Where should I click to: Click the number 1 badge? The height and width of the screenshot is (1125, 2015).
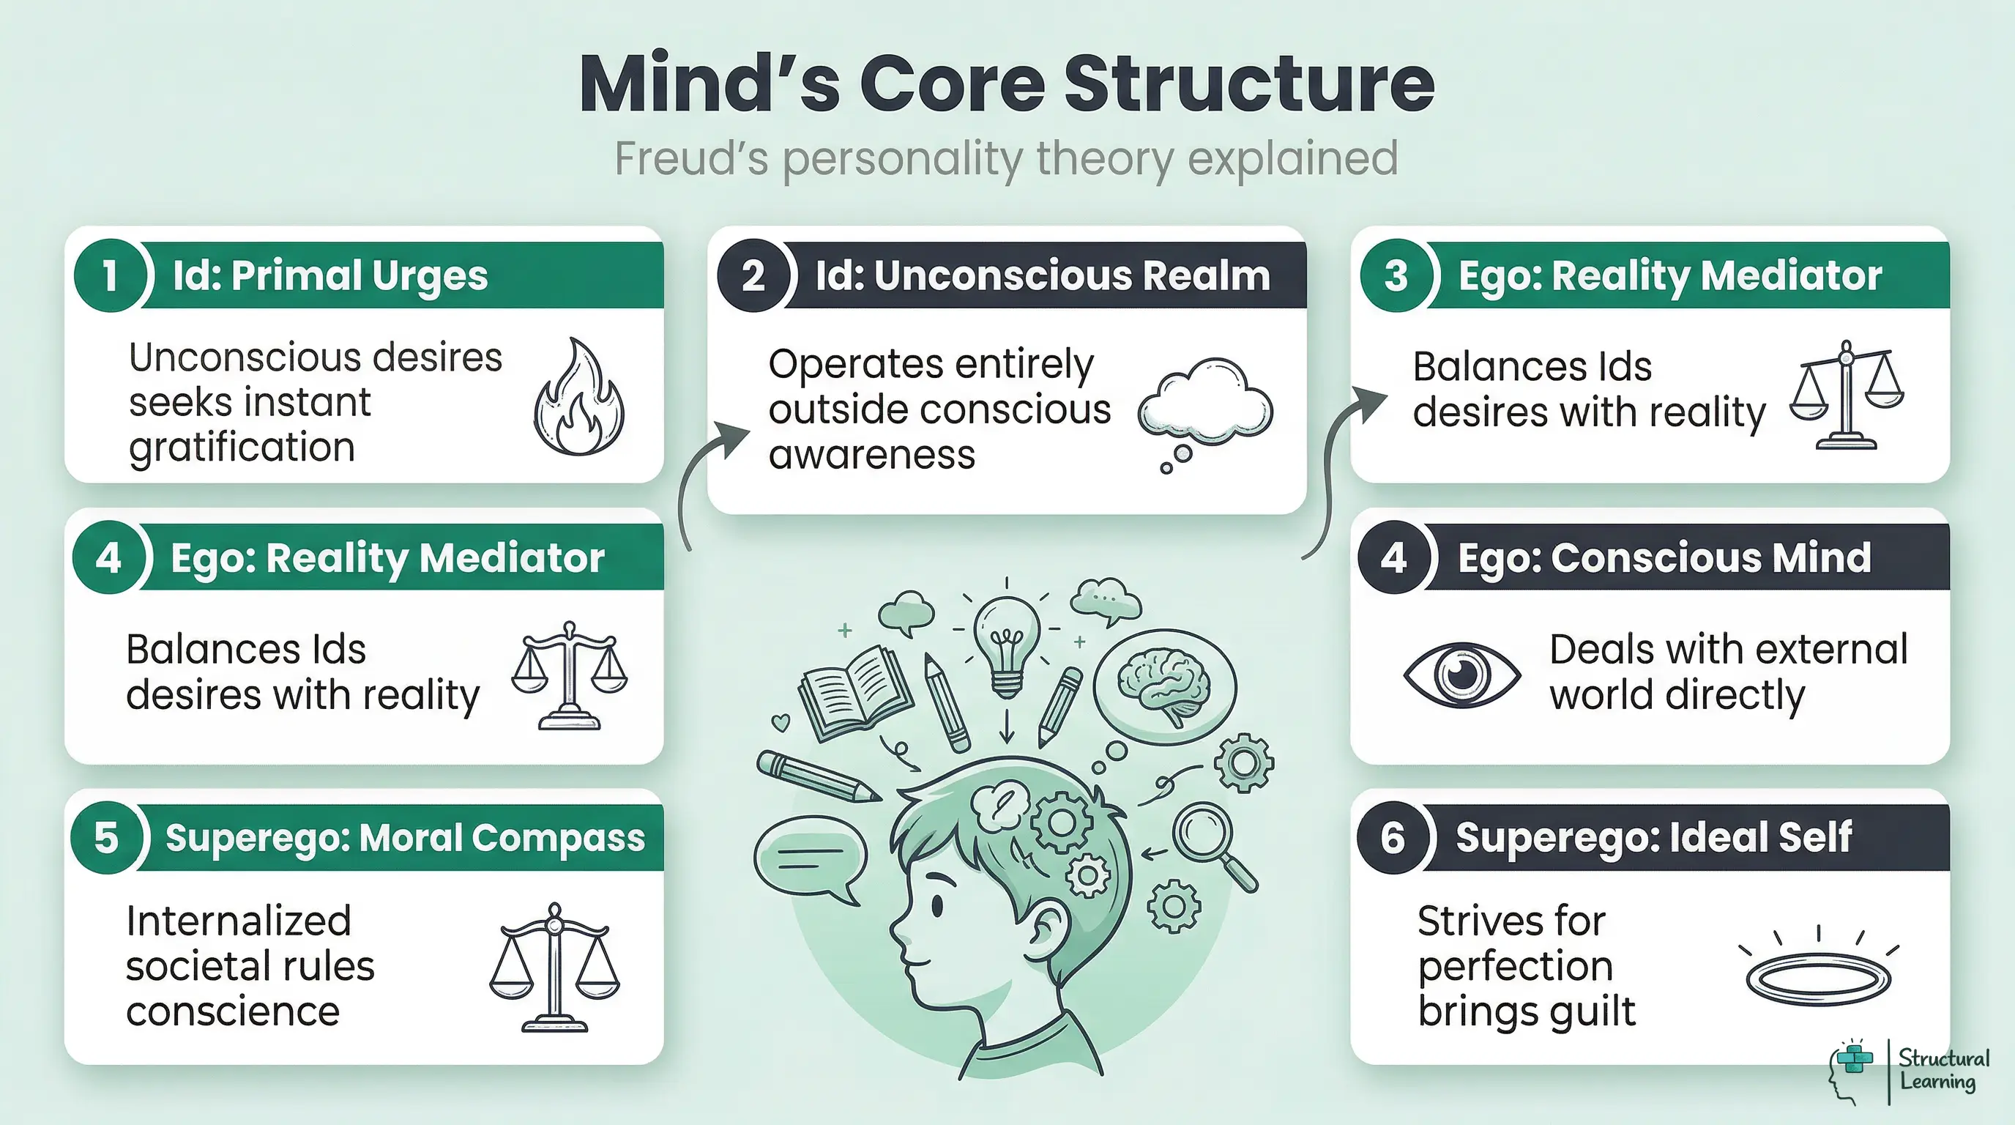point(110,275)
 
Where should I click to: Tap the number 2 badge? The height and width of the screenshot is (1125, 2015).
point(753,275)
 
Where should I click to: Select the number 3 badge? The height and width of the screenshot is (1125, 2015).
point(1396,275)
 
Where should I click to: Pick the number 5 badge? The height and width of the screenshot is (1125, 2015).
point(106,838)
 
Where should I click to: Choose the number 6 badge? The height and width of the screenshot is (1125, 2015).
point(1393,838)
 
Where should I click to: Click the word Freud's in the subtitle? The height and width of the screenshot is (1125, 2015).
point(691,159)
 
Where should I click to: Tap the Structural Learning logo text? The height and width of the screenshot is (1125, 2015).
point(1943,1069)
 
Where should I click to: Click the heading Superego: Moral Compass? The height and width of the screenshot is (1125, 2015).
point(404,838)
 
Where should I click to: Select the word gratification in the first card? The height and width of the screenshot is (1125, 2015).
point(242,448)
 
